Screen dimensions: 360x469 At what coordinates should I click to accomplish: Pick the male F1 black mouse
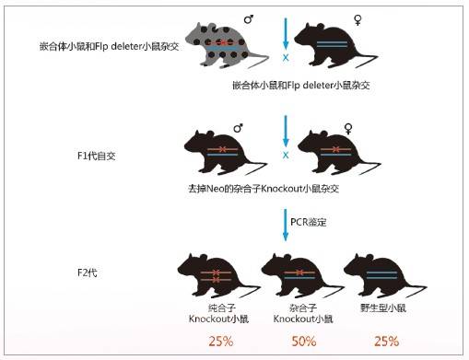[225, 151]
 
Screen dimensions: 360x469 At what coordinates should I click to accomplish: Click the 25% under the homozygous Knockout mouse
[219, 342]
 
